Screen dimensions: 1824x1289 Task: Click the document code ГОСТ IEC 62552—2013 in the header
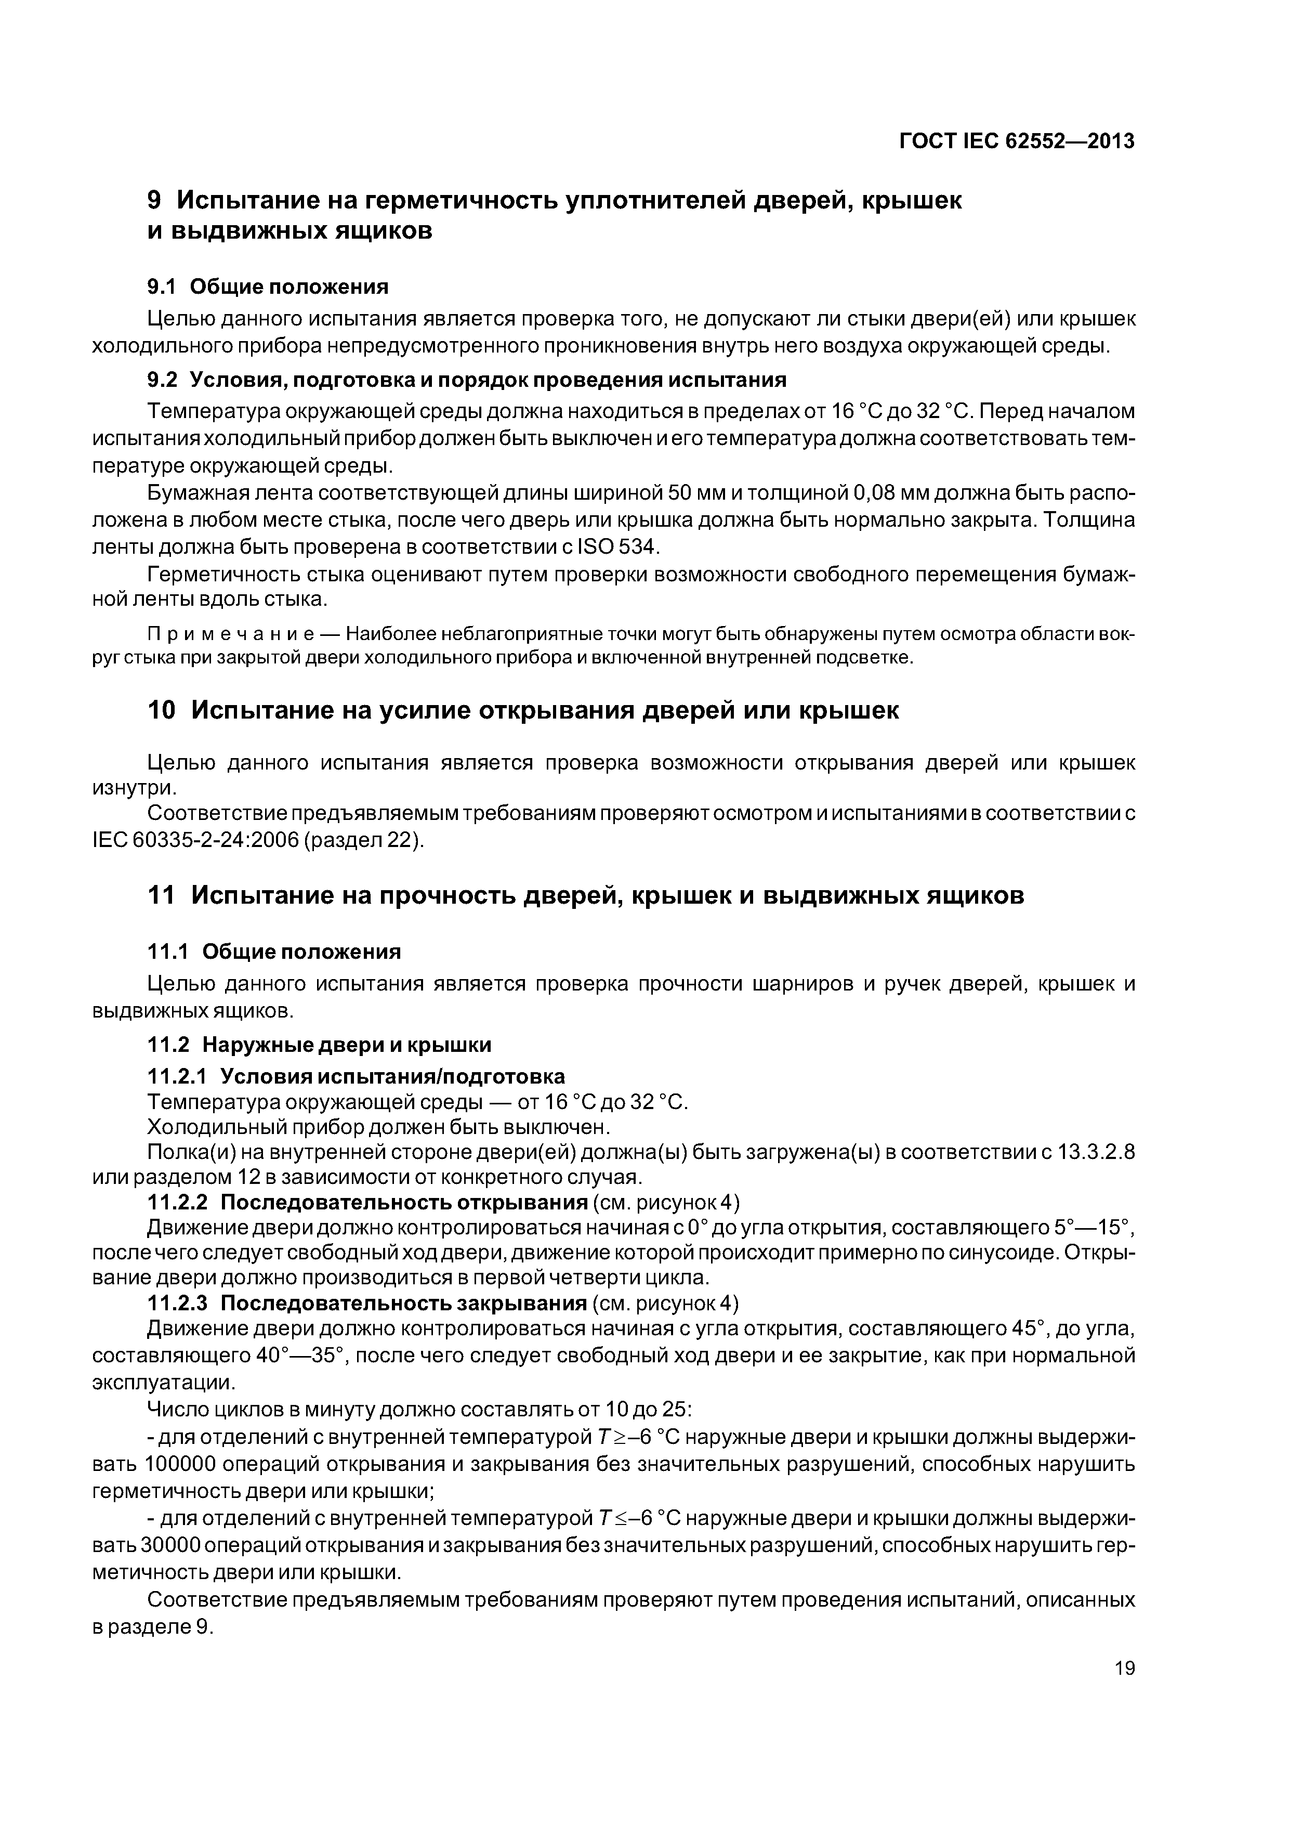[1017, 141]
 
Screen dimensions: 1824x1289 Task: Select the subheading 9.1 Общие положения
[268, 286]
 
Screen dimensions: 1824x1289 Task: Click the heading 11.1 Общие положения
[275, 951]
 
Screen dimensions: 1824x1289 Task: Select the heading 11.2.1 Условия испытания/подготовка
[357, 1076]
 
